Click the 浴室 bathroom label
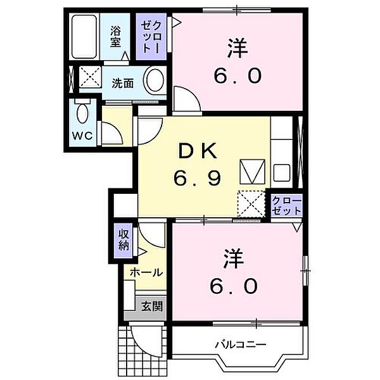point(115,35)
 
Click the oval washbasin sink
point(155,80)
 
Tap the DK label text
point(198,151)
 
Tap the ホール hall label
point(146,272)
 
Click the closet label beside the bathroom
point(152,36)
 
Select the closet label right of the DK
point(286,205)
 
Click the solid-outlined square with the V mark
point(251,171)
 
